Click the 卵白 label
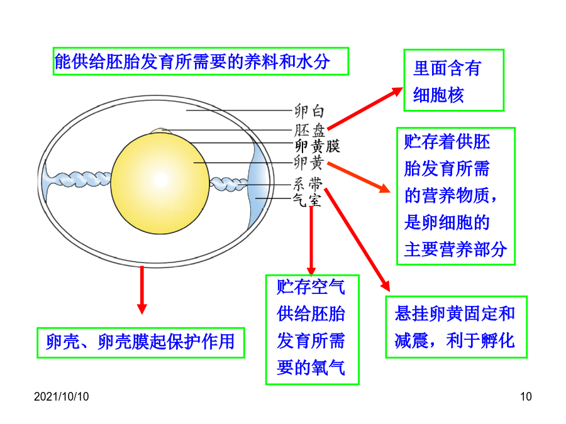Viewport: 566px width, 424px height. tap(309, 111)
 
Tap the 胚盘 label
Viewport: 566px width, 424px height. tap(309, 130)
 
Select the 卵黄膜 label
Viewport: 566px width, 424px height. tap(317, 146)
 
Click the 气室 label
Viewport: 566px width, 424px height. tap(306, 200)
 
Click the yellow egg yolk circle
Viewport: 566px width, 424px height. tap(160, 183)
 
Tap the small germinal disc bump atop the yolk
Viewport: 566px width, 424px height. tap(161, 131)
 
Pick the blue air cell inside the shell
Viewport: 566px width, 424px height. tap(258, 186)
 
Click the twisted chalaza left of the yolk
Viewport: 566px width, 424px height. tap(77, 178)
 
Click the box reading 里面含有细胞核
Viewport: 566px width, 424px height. tap(453, 80)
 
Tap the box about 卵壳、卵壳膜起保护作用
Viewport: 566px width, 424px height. tap(141, 342)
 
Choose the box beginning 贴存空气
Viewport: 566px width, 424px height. tap(312, 330)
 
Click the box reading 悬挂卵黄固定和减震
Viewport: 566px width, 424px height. tap(457, 327)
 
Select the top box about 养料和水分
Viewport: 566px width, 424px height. tap(201, 62)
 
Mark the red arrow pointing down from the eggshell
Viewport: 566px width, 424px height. tap(142, 290)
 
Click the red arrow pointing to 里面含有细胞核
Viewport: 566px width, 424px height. tap(365, 108)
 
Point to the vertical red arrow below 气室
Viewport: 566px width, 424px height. tap(311, 241)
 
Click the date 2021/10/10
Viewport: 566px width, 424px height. tap(62, 396)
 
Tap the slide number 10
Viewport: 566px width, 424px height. tap(526, 396)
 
